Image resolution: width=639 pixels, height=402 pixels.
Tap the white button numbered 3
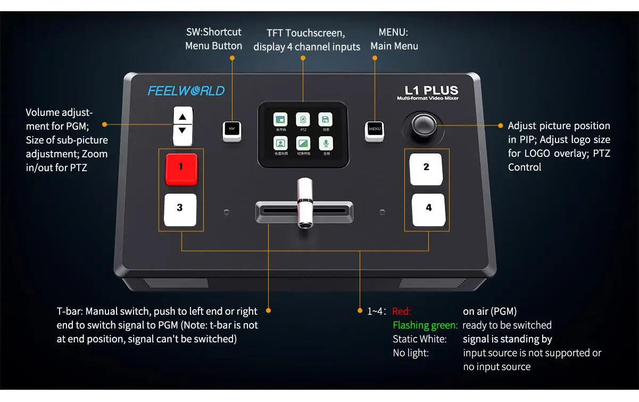tap(180, 209)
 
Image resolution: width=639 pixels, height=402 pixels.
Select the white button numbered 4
tap(428, 209)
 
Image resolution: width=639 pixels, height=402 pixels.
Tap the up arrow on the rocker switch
tap(182, 117)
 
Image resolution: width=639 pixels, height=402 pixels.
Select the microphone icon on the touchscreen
tap(326, 143)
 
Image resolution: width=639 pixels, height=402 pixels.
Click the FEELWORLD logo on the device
tap(186, 91)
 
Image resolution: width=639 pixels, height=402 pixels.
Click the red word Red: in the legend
tap(402, 312)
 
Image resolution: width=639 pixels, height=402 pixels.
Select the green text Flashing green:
tap(425, 325)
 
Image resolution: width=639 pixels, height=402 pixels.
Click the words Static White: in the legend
tap(419, 339)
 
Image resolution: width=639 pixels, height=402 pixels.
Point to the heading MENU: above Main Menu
tap(393, 32)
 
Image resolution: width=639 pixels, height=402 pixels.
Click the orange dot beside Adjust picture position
tap(501, 125)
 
